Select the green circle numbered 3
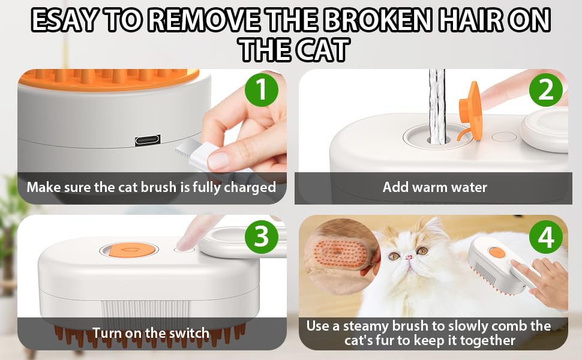(261, 236)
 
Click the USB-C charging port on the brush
(147, 140)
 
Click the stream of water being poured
(437, 105)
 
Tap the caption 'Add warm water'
(434, 187)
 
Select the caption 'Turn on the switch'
(151, 333)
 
